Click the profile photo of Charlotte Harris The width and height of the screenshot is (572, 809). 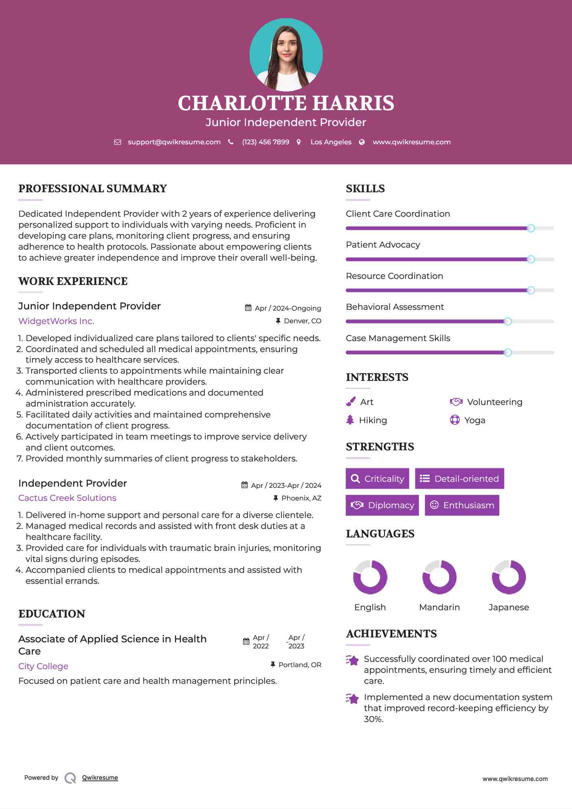pos(286,54)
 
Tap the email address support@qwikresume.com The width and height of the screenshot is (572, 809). pos(174,142)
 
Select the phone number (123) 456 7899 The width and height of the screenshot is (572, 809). pos(265,142)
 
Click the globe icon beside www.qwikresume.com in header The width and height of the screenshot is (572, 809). pos(362,142)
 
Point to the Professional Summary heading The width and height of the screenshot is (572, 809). pos(93,189)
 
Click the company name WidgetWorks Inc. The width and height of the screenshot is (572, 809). pos(56,321)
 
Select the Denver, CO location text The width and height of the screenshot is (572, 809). pos(302,321)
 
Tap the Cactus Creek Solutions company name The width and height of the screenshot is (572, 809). pos(67,498)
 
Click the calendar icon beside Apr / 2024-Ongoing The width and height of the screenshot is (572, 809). pos(248,308)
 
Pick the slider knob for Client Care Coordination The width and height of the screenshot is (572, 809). pos(531,228)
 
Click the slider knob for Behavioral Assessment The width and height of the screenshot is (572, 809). pos(507,322)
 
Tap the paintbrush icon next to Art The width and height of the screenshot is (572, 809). pos(350,402)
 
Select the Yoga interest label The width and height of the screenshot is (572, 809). pos(475,420)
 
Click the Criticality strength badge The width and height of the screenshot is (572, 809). pos(377,478)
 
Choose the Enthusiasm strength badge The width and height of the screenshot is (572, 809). pos(462,505)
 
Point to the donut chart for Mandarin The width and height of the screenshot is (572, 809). pos(439,577)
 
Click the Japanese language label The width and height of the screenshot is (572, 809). pos(509,607)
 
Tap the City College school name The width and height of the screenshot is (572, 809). pos(43,666)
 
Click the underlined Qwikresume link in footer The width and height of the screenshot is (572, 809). pos(100,778)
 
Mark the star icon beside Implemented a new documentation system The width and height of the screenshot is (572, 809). pos(352,699)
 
